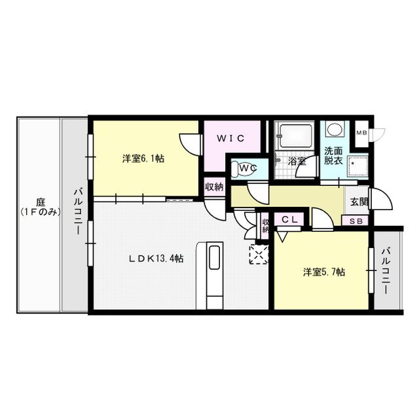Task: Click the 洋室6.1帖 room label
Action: (142, 158)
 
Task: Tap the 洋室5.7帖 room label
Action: (323, 272)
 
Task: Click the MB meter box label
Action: (361, 133)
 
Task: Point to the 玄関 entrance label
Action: (359, 202)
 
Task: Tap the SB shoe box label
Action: (357, 221)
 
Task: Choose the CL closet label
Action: (290, 221)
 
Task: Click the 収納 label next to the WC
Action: (214, 186)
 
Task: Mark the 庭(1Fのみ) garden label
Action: (39, 208)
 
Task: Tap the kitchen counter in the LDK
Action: (215, 275)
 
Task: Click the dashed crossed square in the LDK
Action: (259, 254)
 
